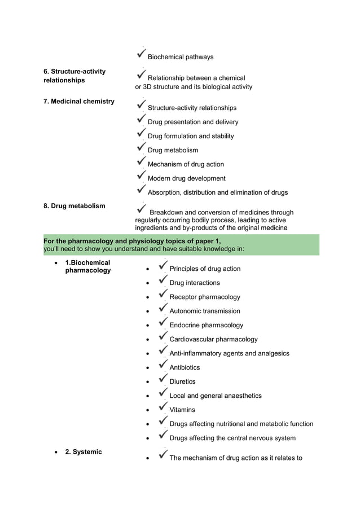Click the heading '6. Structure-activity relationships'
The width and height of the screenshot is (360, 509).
74,76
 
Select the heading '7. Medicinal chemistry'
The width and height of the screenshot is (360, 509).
79,102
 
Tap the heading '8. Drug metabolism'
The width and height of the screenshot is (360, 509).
74,206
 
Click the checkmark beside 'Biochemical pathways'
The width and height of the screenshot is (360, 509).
142,54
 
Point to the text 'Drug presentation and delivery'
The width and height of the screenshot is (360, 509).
193,122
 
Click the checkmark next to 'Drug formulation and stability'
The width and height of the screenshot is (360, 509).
142,133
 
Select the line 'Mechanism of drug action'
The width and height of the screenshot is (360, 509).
186,164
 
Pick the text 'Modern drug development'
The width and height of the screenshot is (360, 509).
186,178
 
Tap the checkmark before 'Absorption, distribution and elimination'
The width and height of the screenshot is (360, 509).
142,190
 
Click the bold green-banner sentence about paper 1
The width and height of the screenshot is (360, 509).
132,241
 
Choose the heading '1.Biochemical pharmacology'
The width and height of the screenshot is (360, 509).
87,266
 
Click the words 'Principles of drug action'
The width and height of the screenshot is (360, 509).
205,269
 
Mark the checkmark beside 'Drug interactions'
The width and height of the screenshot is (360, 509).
163,280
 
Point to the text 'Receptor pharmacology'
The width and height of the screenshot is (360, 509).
205,297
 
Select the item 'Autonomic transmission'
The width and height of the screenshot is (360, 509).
205,311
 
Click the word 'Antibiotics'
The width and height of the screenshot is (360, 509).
185,367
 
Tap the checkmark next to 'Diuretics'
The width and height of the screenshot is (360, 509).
163,379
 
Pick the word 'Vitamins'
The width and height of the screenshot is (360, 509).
182,410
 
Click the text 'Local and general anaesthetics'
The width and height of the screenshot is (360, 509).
216,396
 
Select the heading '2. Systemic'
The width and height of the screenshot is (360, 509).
84,452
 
